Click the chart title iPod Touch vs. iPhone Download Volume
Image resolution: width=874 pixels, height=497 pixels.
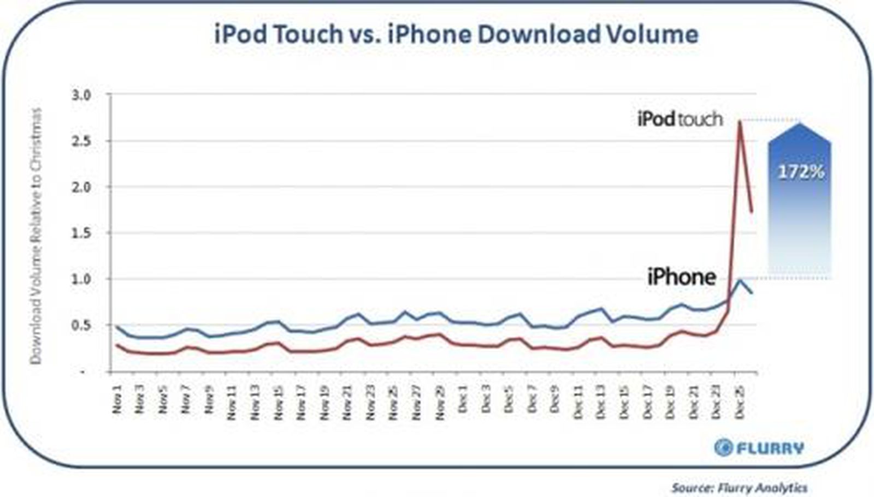(456, 34)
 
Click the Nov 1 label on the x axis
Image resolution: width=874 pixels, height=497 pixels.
(117, 399)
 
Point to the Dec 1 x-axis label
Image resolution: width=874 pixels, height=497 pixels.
(463, 399)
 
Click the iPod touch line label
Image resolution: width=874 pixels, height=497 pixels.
(680, 119)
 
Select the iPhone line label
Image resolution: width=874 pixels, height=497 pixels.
(681, 277)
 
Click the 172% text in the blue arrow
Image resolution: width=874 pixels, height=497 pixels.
(800, 172)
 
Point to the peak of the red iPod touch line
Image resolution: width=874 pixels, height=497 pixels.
(740, 122)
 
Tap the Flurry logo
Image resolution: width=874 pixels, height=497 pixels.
(759, 448)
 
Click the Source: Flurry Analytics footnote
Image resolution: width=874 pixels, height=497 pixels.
(739, 487)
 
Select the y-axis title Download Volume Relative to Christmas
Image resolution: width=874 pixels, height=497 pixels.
(36, 236)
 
